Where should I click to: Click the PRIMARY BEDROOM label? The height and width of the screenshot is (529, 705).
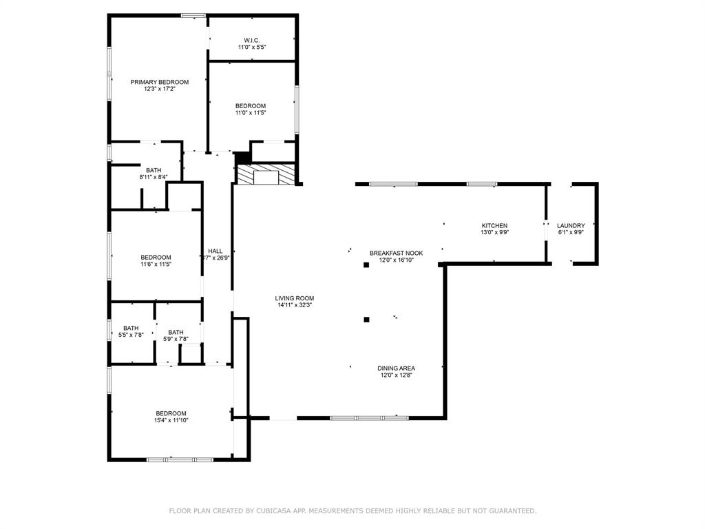coord(160,81)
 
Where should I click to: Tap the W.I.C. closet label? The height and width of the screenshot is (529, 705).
coord(251,40)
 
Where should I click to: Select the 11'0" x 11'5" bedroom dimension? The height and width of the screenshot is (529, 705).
coord(251,113)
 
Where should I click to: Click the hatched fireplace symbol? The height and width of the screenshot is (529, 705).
coord(266,174)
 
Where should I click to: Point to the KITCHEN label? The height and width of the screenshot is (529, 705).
coord(494,226)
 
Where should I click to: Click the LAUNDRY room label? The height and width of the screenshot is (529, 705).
coord(571,226)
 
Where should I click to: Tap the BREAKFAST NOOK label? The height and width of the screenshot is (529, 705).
coord(396,253)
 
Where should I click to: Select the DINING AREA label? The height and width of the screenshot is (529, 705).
coord(396,368)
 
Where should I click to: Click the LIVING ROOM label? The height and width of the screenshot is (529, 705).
coord(295,298)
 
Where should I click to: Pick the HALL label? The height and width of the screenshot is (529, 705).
coord(215,251)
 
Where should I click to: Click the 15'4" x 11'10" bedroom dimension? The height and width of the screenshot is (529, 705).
coord(171,420)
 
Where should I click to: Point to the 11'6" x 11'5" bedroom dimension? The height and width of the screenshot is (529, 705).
coord(156,264)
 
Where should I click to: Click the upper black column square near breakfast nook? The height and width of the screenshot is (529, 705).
coord(366,264)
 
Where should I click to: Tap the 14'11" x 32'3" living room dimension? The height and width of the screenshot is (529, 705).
coord(295,305)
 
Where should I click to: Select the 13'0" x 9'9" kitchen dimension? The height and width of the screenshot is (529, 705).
coord(494,233)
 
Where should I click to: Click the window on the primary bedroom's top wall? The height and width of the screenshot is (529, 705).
coord(193,15)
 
